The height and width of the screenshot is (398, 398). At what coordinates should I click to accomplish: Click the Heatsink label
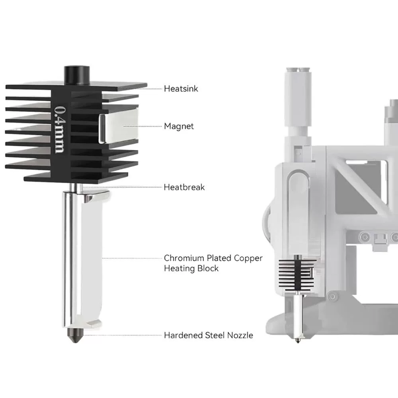[x=181, y=89]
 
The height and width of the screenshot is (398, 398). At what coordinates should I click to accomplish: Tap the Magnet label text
[x=179, y=126]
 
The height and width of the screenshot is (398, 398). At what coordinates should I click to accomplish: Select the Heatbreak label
[x=184, y=187]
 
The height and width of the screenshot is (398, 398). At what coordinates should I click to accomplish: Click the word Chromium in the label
[x=184, y=258]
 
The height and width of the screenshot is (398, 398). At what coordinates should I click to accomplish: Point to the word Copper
[x=248, y=258]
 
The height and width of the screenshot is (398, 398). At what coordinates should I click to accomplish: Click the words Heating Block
[x=191, y=269]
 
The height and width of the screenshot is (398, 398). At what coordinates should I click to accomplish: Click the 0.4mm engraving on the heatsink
[x=60, y=129]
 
